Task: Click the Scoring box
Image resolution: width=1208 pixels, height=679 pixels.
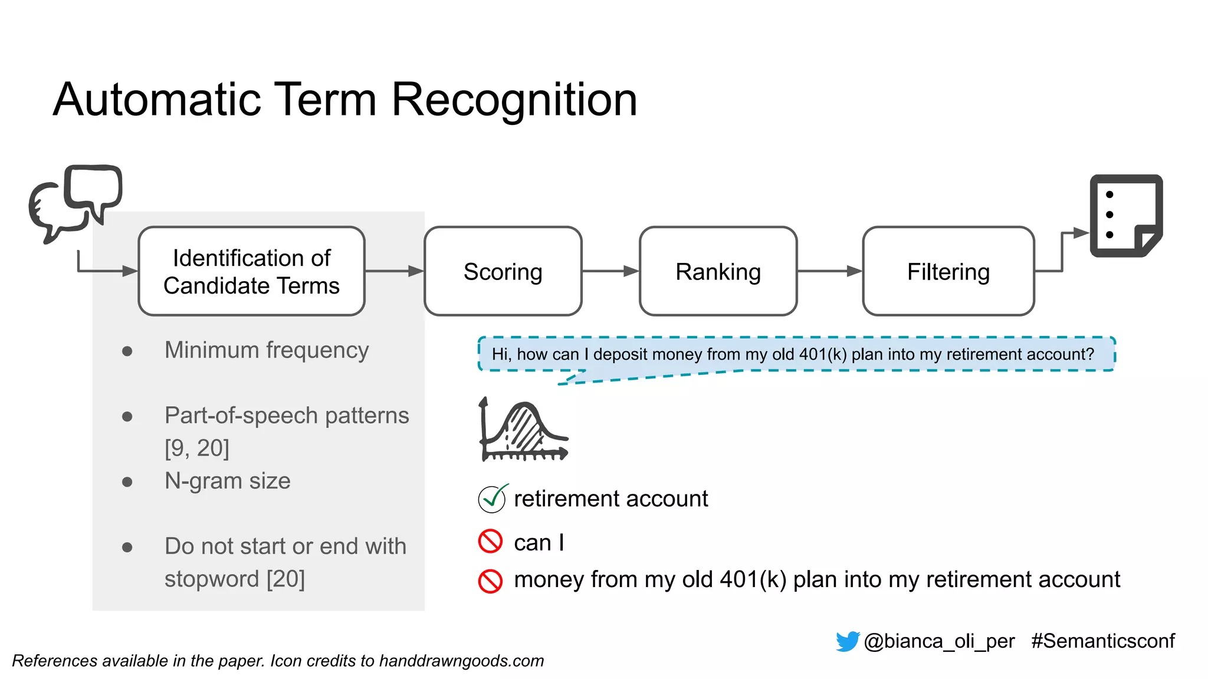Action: click(503, 272)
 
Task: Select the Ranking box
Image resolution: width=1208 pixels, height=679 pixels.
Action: click(718, 272)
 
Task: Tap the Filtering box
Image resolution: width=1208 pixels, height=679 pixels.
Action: click(948, 272)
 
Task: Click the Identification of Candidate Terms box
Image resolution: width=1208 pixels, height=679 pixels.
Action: click(251, 272)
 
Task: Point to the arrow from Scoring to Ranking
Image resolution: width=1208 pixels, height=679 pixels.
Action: click(610, 271)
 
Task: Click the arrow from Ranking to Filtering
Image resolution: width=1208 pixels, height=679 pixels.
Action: click(829, 271)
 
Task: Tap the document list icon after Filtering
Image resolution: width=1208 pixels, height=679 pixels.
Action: click(1125, 216)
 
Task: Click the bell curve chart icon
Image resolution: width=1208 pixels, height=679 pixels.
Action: click(523, 430)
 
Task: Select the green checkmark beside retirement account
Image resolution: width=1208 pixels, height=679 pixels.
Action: click(492, 499)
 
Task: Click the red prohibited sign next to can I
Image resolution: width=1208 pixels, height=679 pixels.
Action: click(490, 542)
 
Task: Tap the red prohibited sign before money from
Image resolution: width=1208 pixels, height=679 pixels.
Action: click(490, 581)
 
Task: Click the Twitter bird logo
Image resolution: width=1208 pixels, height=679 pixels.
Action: click(848, 641)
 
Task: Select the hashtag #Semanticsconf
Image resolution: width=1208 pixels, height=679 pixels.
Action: click(1102, 641)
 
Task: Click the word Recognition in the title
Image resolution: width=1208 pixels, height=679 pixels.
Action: click(514, 100)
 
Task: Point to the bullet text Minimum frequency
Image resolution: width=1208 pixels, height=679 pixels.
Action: click(266, 350)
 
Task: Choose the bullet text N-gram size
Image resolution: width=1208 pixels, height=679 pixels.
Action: click(227, 481)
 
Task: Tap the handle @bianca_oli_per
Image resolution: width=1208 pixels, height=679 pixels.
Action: click(939, 641)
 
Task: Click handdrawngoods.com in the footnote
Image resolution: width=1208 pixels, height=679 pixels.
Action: click(461, 661)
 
